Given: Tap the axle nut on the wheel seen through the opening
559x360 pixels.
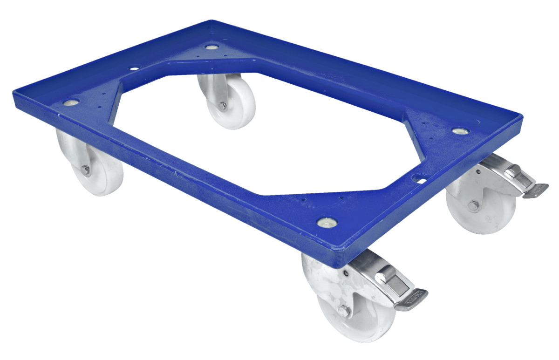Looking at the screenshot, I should click(223, 106).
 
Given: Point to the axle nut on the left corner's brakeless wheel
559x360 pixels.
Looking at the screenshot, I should click(85, 170).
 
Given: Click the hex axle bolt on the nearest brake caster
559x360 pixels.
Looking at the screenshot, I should click(343, 311).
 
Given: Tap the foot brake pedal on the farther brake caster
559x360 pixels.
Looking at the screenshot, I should click(536, 190).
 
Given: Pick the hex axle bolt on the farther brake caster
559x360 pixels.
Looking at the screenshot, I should click(474, 205).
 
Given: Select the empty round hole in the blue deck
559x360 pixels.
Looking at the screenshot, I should click(134, 68).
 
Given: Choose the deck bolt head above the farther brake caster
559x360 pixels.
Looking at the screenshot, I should click(459, 131).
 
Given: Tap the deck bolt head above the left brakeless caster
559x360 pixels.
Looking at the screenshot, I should click(72, 102).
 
